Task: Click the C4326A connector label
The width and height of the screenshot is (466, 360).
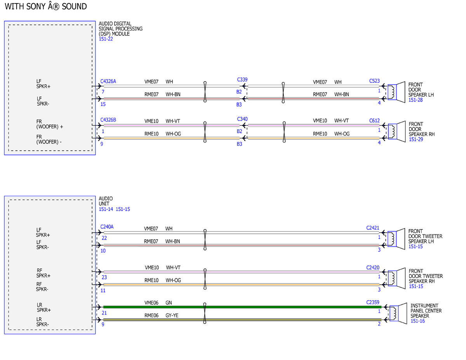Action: coord(108,82)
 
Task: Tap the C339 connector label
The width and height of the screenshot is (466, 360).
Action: coord(242,80)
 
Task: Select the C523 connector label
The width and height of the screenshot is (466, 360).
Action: coord(374,81)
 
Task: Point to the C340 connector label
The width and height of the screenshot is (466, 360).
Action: coord(242,119)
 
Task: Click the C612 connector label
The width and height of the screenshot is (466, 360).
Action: coord(374,121)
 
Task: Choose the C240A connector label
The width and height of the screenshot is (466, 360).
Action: coord(107,227)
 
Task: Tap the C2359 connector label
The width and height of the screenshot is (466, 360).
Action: coord(373,302)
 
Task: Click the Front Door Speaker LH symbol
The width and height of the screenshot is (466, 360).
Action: coord(396,92)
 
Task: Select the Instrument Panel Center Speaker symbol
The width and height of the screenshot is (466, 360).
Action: coord(398,313)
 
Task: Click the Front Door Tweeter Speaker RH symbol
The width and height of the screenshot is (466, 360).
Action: coord(396,278)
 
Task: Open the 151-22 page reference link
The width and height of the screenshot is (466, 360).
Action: coord(106,39)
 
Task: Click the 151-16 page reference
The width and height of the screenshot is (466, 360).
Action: coord(417,321)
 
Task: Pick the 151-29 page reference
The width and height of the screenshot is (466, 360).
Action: coord(416,139)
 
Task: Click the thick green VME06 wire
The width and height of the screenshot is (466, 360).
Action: coord(242,307)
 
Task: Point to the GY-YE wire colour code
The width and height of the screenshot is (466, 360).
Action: coord(172,315)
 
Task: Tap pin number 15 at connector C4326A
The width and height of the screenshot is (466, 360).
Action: coord(103,104)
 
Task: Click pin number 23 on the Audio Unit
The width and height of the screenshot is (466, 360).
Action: coord(104,277)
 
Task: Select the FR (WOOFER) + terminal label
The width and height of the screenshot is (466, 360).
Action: coord(50,124)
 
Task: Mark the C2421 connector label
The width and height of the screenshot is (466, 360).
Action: coord(373,228)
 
